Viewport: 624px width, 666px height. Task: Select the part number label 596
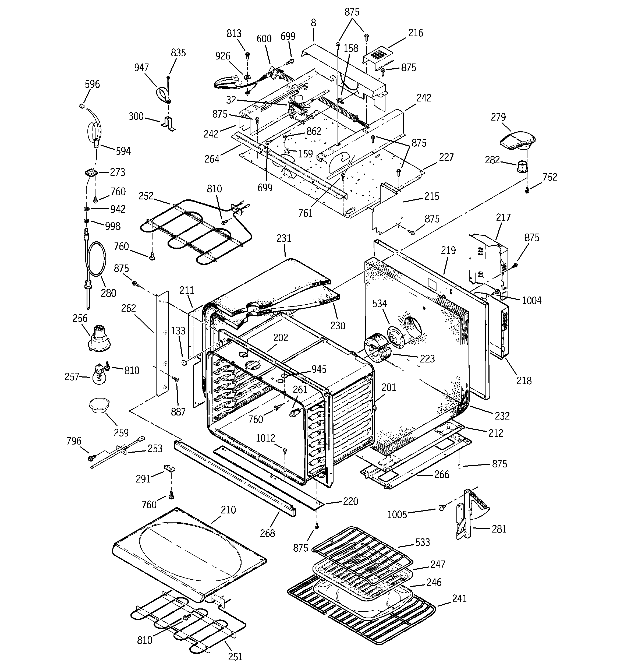point(92,84)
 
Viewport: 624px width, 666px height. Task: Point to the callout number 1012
point(265,438)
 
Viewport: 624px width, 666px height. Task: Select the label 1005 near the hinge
point(397,514)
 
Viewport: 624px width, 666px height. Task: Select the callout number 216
point(415,33)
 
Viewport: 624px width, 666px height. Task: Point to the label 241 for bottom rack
point(459,598)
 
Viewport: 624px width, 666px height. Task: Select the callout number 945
point(319,369)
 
